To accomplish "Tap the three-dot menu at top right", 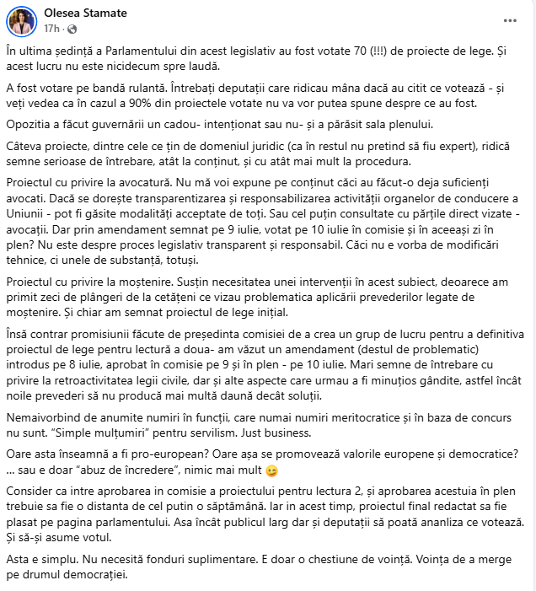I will point(509,20).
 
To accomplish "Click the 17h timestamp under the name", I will point(51,30).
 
